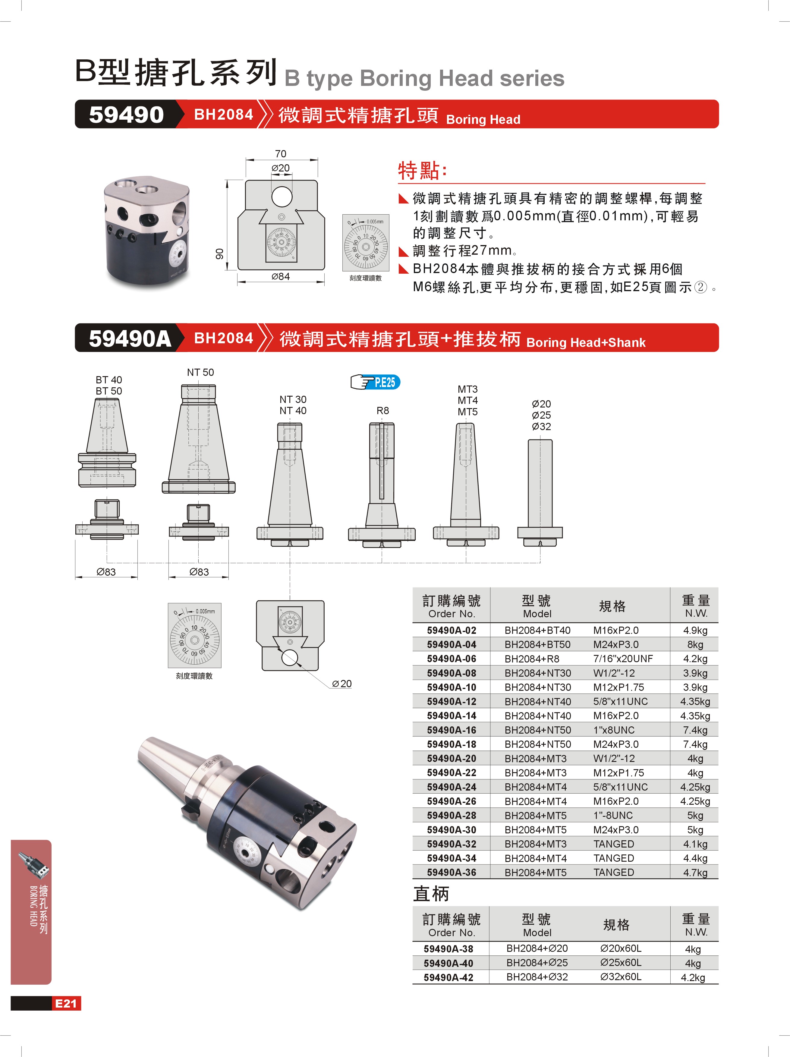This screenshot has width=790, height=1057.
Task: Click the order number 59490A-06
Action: coord(451,659)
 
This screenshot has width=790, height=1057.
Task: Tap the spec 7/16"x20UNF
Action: coord(623,659)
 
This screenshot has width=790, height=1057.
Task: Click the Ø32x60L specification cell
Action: coord(621,977)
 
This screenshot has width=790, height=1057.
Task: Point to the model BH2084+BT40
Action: coord(537,630)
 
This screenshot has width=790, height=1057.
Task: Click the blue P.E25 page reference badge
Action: coord(376,382)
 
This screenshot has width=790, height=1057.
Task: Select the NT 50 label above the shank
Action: coord(200,372)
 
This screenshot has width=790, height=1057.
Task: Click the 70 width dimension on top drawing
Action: coord(281,154)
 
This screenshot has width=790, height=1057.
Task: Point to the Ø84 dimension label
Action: coord(281,277)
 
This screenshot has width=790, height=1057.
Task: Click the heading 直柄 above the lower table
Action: coord(431,894)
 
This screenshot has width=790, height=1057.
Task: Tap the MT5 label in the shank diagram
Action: coord(467,412)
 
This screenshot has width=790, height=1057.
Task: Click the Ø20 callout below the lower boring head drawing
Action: coord(342,684)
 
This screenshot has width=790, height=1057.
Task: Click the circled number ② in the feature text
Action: coord(700,287)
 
